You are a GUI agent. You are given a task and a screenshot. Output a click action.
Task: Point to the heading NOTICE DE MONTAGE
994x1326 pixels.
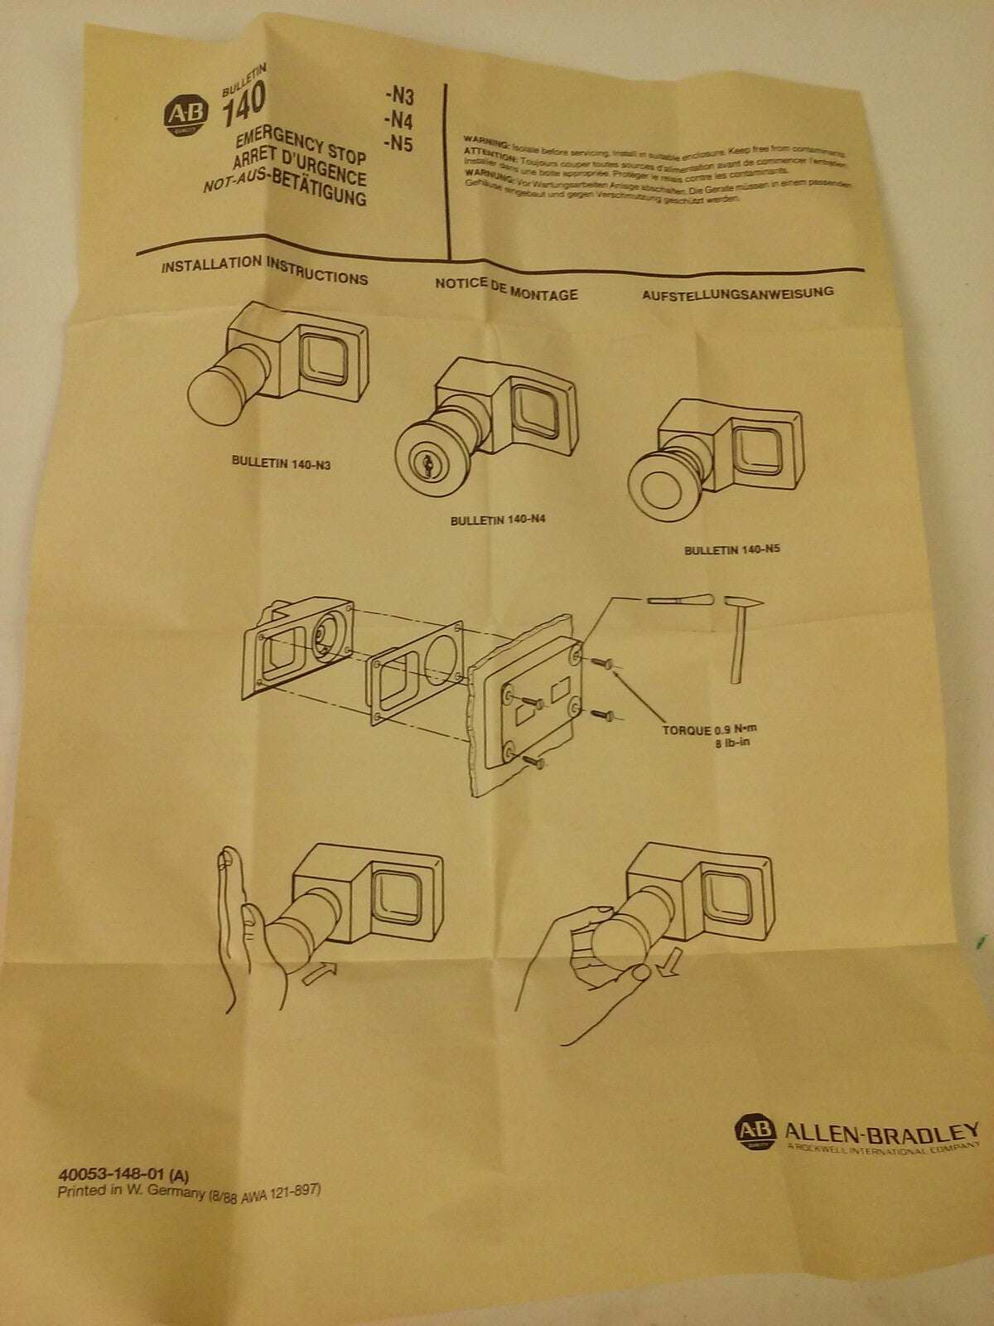coord(506,288)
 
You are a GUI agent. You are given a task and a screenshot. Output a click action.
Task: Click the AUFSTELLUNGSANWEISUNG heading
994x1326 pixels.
coord(738,293)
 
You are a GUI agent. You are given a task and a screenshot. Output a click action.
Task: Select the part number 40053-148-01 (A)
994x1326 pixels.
coord(124,1175)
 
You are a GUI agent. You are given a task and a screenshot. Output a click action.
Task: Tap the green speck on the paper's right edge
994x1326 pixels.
coord(980,941)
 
